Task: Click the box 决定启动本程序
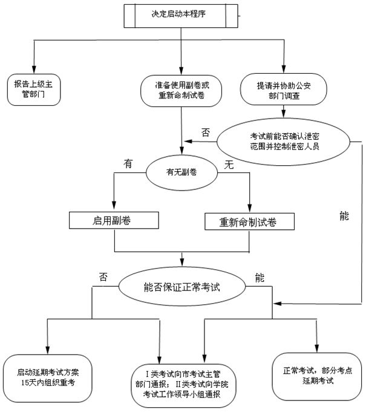tap(182, 15)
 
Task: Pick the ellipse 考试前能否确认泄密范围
tap(284, 142)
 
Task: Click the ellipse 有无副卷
tap(182, 172)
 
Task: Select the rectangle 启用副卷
tap(113, 221)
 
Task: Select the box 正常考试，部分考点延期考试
tap(316, 376)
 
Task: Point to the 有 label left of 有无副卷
tap(128, 164)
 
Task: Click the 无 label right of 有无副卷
tap(229, 165)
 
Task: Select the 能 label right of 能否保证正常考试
tap(260, 278)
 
